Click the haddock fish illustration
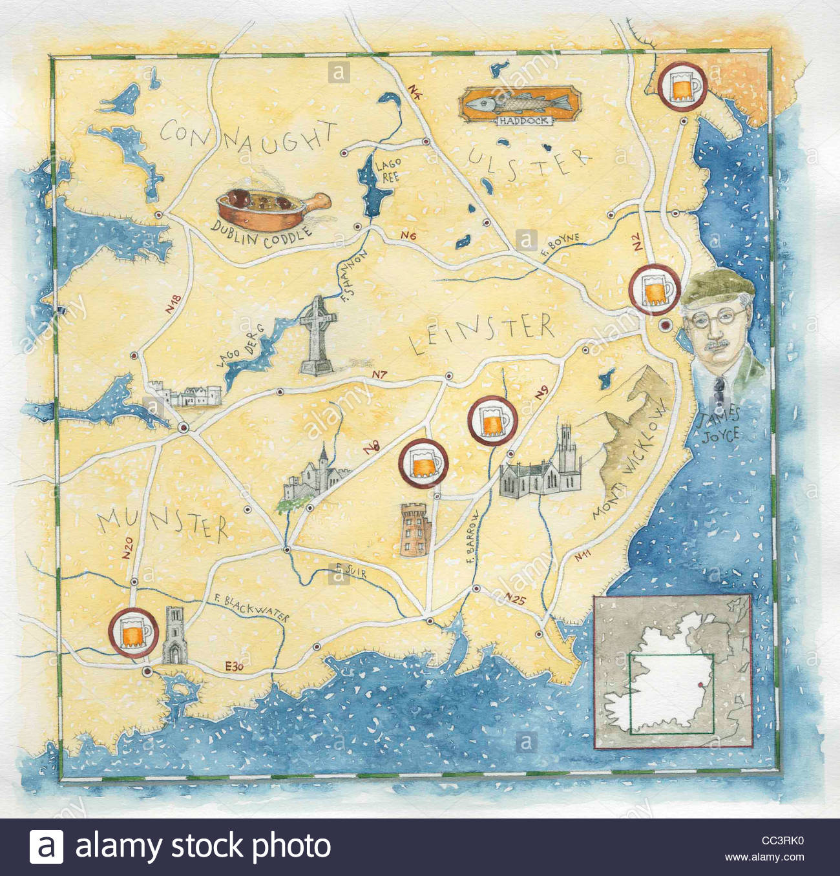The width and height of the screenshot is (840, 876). click(516, 103)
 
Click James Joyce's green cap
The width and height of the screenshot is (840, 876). click(718, 287)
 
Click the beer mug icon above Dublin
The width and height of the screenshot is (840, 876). click(655, 289)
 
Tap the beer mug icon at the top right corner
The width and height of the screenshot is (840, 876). click(682, 86)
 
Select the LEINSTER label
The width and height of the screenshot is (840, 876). click(482, 334)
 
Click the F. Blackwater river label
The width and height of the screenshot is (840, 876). click(253, 607)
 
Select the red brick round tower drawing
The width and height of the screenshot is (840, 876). click(415, 529)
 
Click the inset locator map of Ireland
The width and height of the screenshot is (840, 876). click(673, 672)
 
